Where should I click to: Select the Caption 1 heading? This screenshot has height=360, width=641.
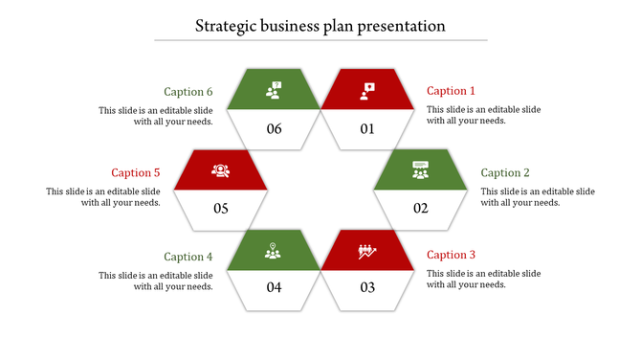[x=451, y=91]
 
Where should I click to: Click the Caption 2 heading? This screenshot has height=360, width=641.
[x=504, y=173]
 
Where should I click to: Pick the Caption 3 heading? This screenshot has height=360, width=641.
[x=451, y=255]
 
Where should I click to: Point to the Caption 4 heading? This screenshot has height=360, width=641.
[x=188, y=257]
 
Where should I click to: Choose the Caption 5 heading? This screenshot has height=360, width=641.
[x=136, y=173]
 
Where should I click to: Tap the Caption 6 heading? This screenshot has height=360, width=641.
[x=188, y=92]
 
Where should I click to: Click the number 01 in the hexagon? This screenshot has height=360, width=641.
[x=367, y=129]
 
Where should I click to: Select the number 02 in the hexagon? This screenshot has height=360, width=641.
[x=420, y=209]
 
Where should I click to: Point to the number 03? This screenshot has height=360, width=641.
[x=367, y=287]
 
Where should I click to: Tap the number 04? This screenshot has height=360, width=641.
[x=275, y=287]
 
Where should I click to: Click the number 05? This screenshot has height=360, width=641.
[x=221, y=209]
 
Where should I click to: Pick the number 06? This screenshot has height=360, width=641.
[x=275, y=129]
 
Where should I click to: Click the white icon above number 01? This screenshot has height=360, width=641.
[x=367, y=90]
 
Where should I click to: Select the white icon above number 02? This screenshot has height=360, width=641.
[x=420, y=170]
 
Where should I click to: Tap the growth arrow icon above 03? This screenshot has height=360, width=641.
[x=367, y=251]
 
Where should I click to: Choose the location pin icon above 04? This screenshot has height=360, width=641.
[x=275, y=251]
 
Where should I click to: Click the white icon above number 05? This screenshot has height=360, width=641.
[x=221, y=170]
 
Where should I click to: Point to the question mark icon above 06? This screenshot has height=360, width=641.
[x=275, y=90]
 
